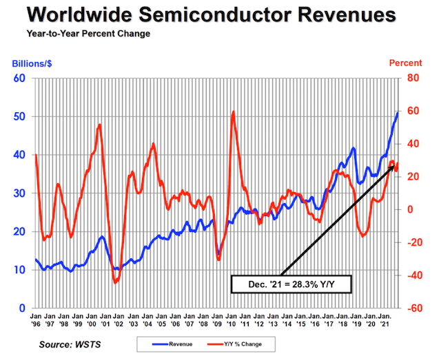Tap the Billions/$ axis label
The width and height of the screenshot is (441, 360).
(x=32, y=63)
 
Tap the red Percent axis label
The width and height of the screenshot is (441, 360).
(x=405, y=63)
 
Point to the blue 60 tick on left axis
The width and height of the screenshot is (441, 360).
(x=19, y=78)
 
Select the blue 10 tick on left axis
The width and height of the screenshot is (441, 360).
(x=19, y=270)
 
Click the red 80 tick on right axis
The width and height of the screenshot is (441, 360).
(x=413, y=78)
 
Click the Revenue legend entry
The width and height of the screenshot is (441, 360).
(x=160, y=342)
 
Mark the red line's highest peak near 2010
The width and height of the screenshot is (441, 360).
(x=234, y=112)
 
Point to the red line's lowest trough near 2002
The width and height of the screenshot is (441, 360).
(x=115, y=282)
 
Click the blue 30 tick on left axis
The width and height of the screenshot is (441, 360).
(x=19, y=193)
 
